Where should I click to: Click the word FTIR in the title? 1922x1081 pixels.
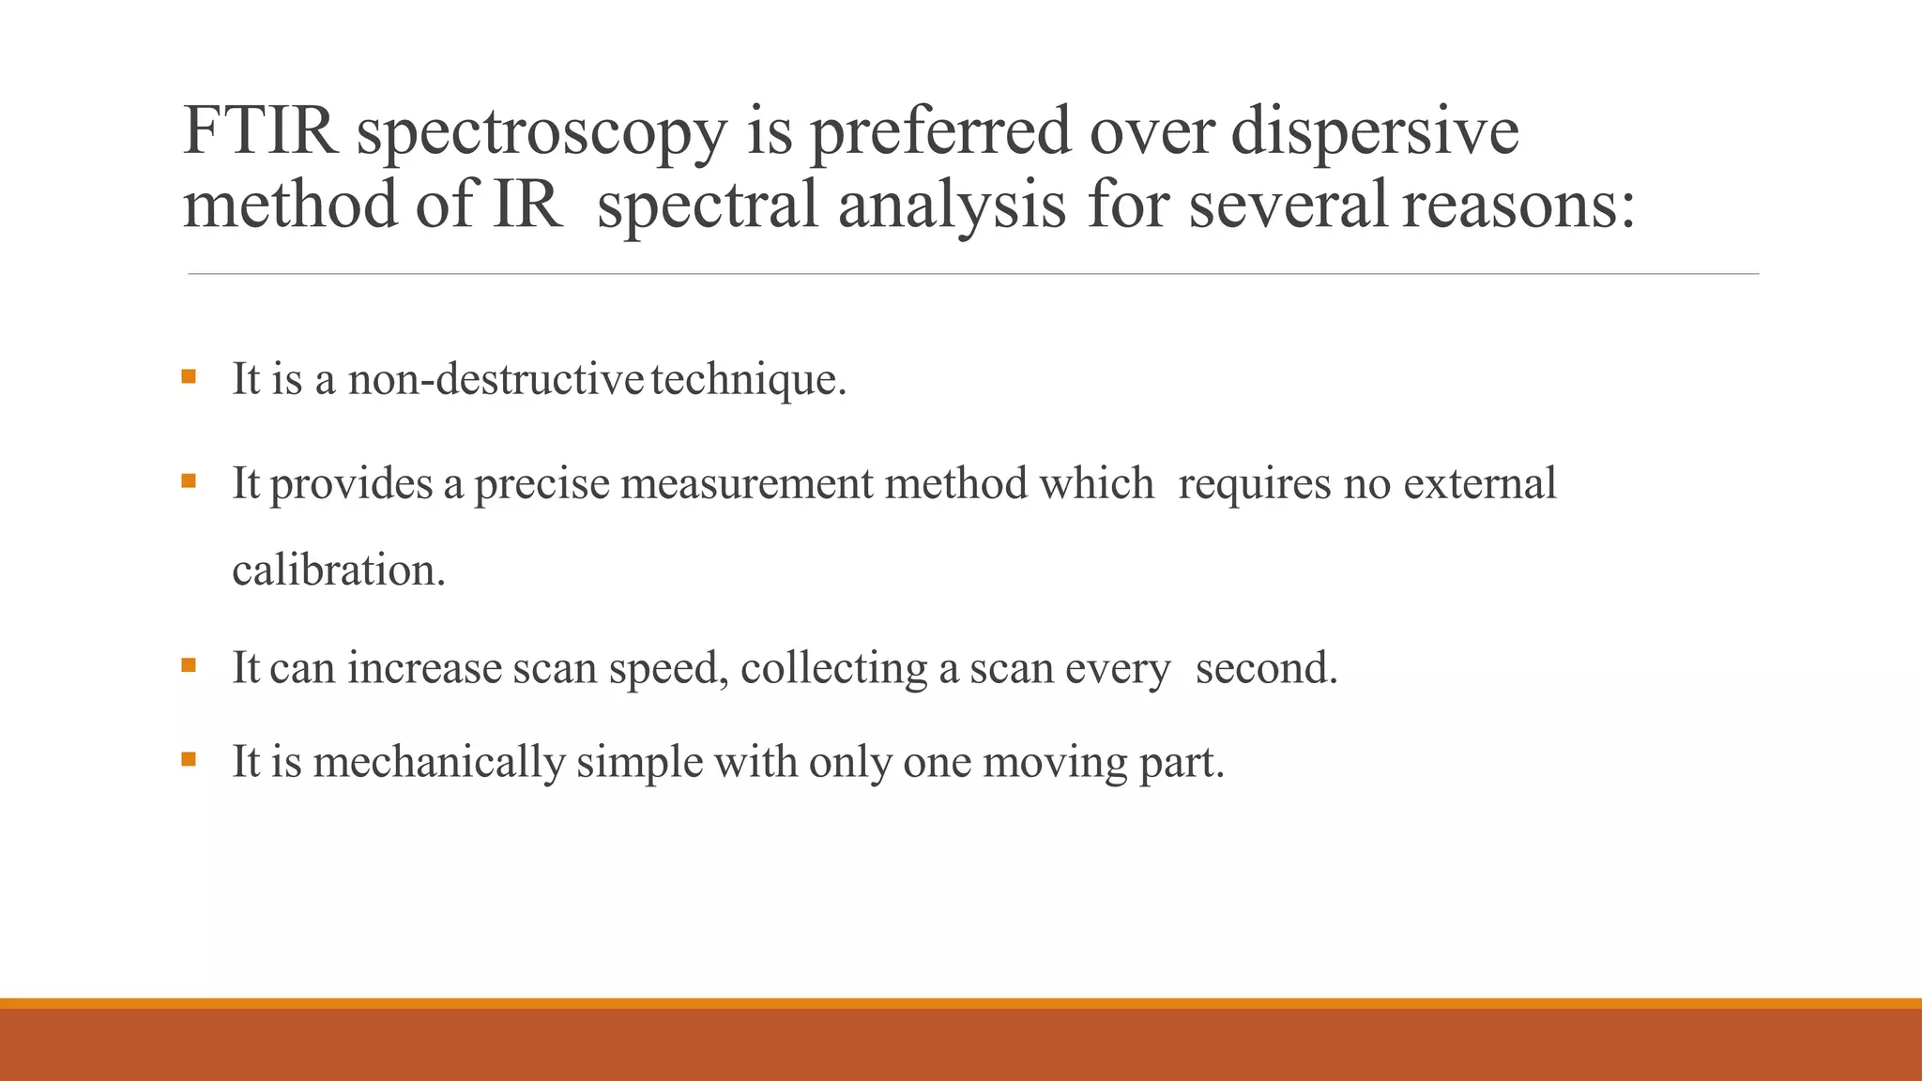(260, 130)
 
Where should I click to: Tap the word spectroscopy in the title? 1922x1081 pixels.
(542, 132)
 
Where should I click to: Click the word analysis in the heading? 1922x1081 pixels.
(952, 205)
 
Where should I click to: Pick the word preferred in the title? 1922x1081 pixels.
(939, 132)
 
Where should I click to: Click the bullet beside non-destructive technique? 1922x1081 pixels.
(190, 377)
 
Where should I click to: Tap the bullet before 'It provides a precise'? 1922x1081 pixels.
(190, 481)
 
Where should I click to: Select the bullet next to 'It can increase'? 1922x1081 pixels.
(190, 665)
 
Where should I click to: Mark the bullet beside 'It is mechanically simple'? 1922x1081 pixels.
(190, 758)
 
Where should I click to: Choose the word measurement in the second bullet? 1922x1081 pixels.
(747, 484)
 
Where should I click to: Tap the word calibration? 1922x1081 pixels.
(339, 571)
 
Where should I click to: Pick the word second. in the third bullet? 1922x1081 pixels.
(1266, 668)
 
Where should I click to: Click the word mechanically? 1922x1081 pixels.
(439, 762)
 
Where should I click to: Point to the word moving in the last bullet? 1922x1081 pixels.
(1055, 762)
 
